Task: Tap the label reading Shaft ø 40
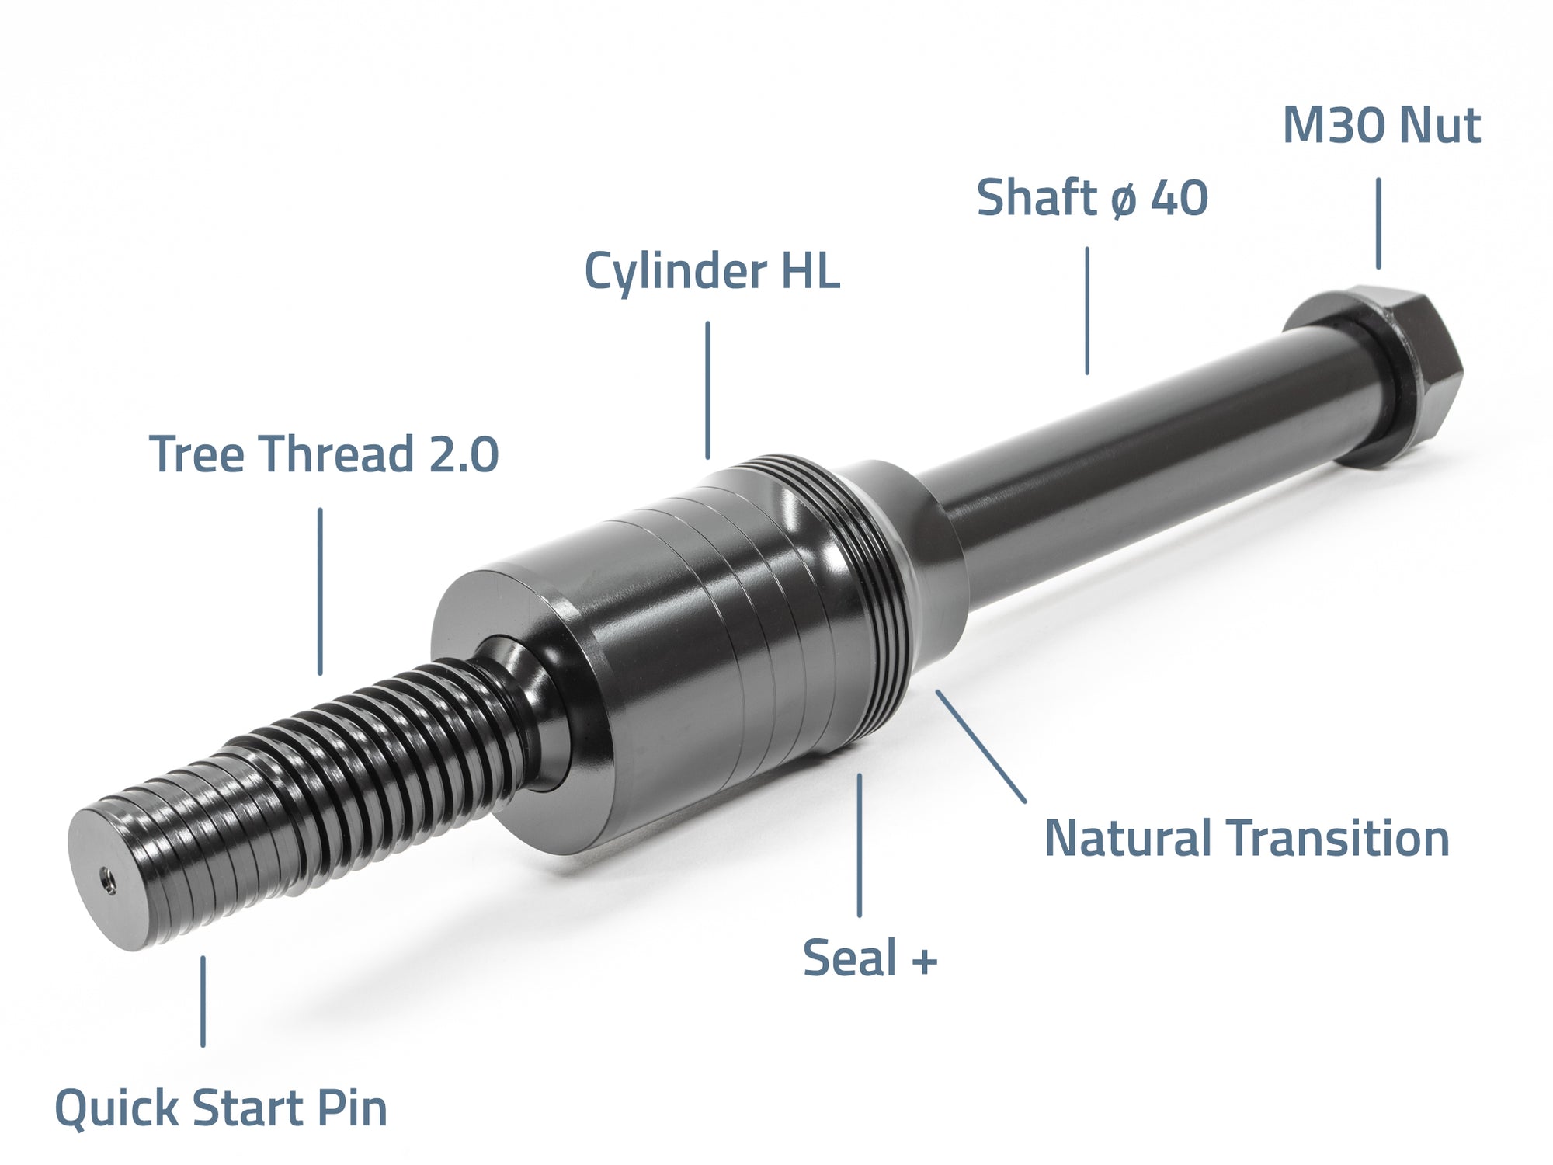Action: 1092,197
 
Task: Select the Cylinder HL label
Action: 711,271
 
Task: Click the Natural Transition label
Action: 1246,839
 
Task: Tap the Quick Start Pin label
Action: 221,1108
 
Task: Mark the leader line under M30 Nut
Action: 1378,224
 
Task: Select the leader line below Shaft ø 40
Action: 1087,311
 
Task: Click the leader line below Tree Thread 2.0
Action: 320,590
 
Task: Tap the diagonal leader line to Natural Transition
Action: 980,746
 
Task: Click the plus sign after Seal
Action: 925,962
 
